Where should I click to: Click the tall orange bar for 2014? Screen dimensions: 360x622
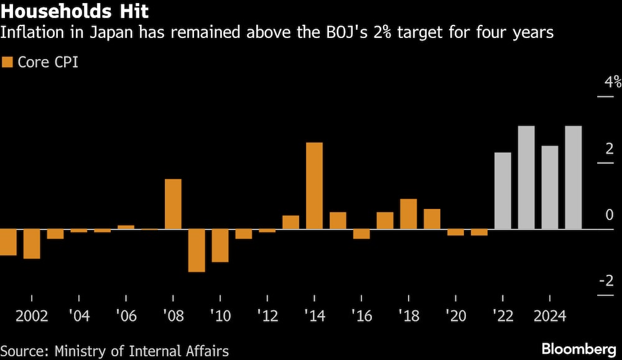coord(314,186)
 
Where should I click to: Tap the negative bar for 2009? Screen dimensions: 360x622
coord(197,251)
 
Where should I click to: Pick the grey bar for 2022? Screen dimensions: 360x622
coord(503,191)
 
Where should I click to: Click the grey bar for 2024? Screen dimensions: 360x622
coord(550,187)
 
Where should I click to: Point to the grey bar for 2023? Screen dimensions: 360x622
coord(526,177)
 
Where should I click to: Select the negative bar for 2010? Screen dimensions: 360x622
coord(220,246)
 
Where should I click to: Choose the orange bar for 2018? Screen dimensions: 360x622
coord(409,214)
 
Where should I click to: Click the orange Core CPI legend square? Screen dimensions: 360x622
coord(8,62)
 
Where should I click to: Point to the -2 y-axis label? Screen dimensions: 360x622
coord(606,281)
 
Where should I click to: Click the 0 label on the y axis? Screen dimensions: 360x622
coord(610,215)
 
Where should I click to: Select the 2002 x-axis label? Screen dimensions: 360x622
coord(32,316)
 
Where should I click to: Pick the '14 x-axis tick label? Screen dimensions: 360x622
coord(314,316)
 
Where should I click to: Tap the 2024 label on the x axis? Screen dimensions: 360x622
coord(550,316)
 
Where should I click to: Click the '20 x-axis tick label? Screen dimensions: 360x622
coord(455,316)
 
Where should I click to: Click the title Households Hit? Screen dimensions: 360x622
coord(75,11)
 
